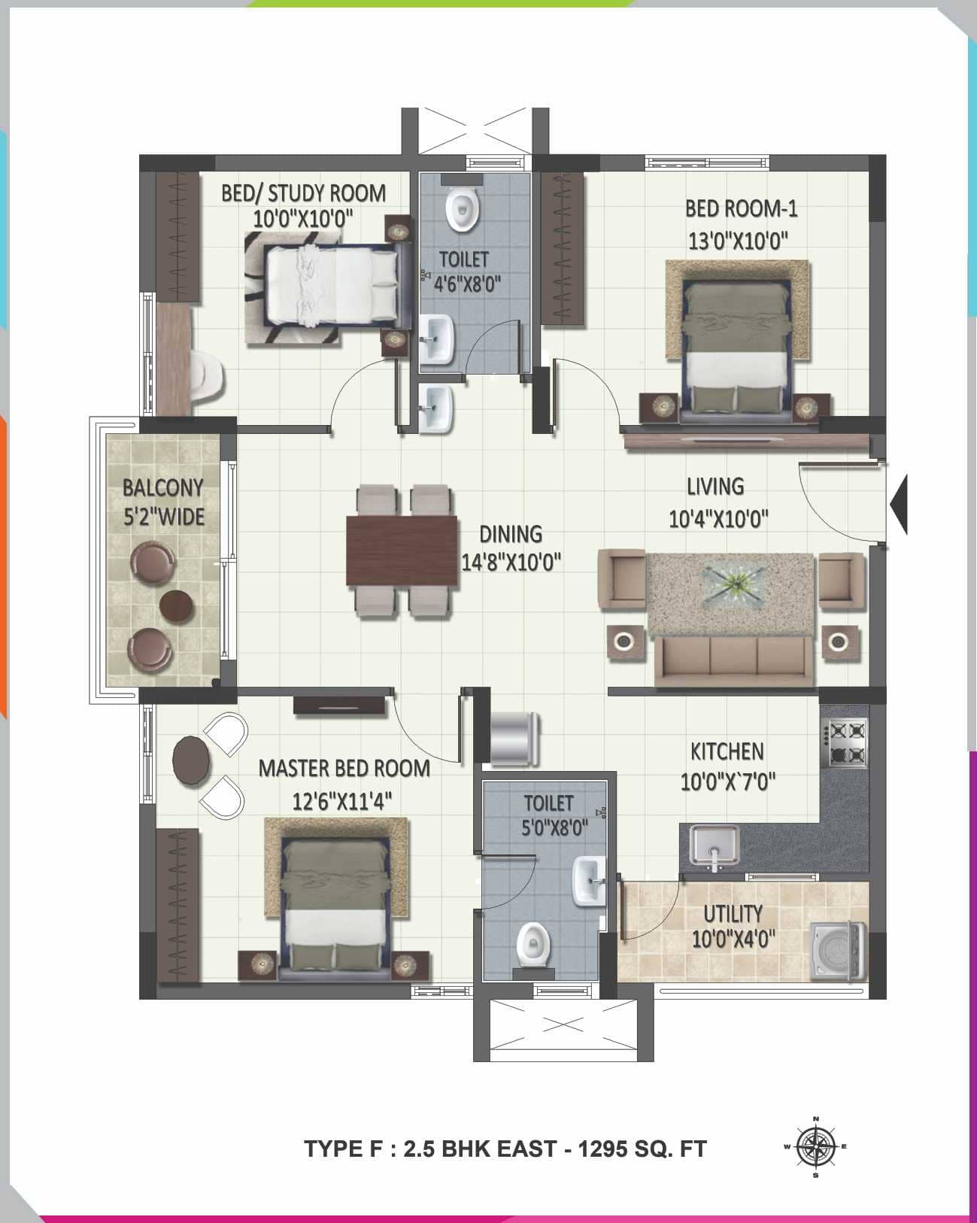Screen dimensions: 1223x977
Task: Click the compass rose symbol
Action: click(816, 1147)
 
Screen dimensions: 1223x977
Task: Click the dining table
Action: click(402, 551)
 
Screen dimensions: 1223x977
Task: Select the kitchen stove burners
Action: click(846, 742)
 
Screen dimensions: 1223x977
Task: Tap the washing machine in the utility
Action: click(839, 951)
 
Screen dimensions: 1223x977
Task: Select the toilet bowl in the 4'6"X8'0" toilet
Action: click(462, 210)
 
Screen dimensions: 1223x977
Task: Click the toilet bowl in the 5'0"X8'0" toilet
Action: click(533, 943)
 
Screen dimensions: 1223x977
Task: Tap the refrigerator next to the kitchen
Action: click(514, 738)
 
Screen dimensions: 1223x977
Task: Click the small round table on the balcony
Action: click(177, 604)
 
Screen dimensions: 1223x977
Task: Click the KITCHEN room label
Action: click(727, 751)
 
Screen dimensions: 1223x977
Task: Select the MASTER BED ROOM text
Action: click(344, 768)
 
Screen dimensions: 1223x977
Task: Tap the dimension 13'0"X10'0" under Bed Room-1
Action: click(738, 241)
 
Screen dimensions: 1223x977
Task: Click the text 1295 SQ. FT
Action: click(642, 1149)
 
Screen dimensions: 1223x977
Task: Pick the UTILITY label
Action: click(733, 914)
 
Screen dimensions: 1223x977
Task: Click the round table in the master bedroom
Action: click(192, 760)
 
